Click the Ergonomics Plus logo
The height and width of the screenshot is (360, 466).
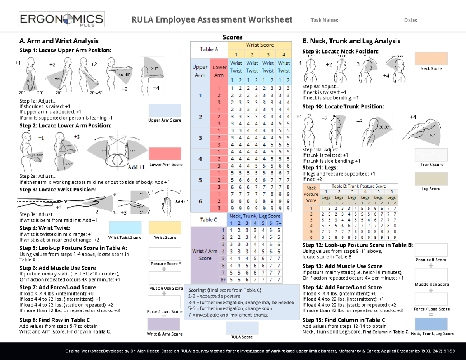pyautogui.click(x=61, y=20)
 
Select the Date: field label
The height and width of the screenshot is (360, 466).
pyautogui.click(x=410, y=21)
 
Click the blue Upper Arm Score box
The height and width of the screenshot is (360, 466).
pyautogui.click(x=165, y=110)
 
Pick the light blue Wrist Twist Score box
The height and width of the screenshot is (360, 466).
pyautogui.click(x=125, y=228)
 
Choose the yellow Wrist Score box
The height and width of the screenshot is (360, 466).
pyautogui.click(x=165, y=228)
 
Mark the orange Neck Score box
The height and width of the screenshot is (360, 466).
pyautogui.click(x=431, y=59)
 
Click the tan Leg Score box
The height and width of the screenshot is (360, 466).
pyautogui.click(x=431, y=179)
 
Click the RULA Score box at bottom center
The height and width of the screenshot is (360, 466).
pyautogui.click(x=242, y=327)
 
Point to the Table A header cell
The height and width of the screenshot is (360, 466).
pyautogui.click(x=209, y=49)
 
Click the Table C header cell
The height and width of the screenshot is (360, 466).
pyautogui.click(x=209, y=220)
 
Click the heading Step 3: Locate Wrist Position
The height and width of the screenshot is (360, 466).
pyautogui.click(x=58, y=190)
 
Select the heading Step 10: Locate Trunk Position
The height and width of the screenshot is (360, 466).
pyautogui.click(x=343, y=106)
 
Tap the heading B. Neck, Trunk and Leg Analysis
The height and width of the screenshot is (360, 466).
pyautogui.click(x=351, y=41)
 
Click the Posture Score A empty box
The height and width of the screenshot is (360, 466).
pyautogui.click(x=165, y=254)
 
